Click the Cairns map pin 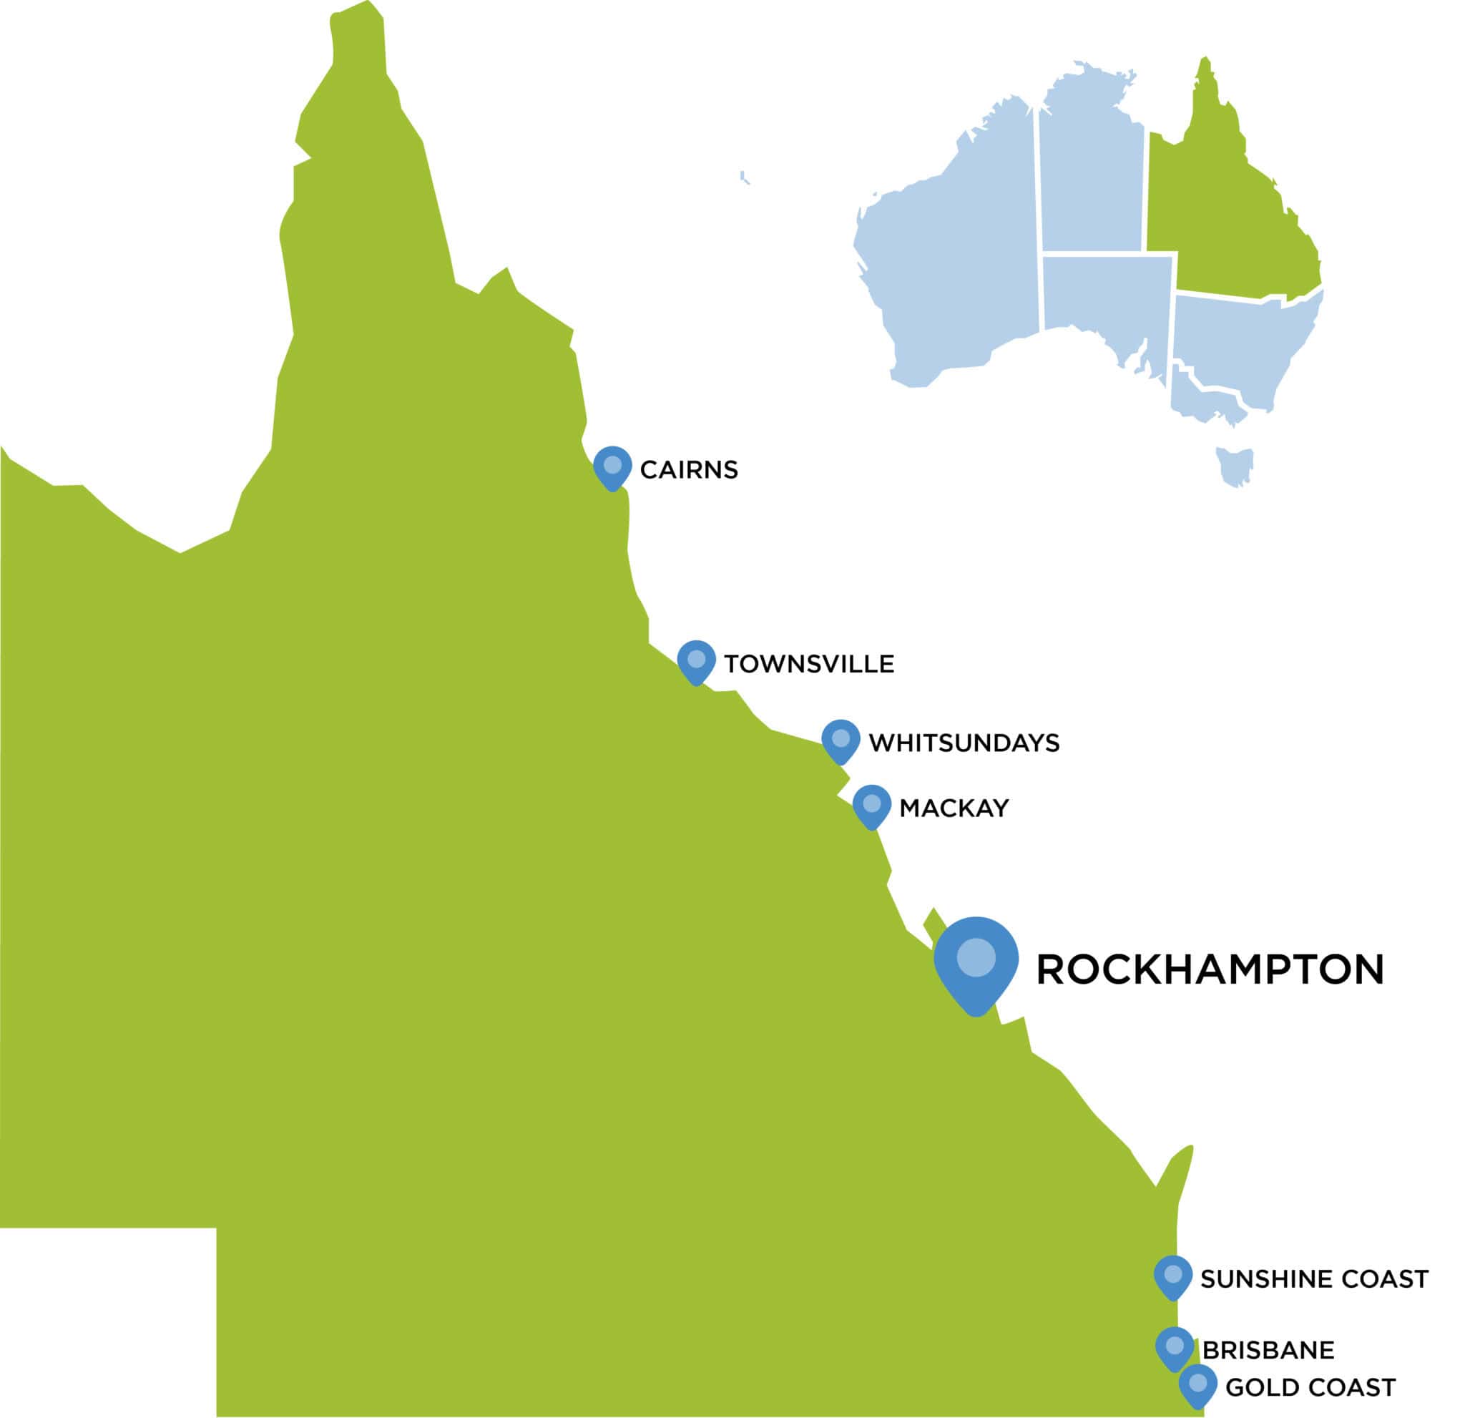612,466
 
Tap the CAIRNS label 688,470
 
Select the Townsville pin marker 696,661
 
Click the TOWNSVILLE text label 809,665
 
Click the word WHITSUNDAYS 964,743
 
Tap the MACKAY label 954,808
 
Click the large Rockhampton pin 976,961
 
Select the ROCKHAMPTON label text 1210,970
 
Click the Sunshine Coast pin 1172,1276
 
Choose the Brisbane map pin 1175,1348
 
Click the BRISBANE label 1268,1351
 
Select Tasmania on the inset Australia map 1234,465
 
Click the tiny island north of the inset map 744,178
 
